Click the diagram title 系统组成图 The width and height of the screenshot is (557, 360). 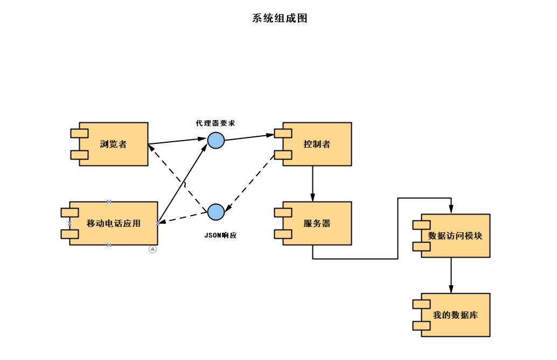click(x=280, y=18)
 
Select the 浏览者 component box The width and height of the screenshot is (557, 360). click(x=113, y=144)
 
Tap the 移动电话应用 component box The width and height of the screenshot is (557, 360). click(x=113, y=223)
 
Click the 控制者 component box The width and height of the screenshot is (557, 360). click(x=317, y=144)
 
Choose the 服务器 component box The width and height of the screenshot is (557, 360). click(x=317, y=223)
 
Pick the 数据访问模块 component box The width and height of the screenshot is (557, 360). click(x=455, y=236)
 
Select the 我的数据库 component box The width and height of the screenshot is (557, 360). click(x=455, y=315)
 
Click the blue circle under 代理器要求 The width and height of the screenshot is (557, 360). click(x=215, y=140)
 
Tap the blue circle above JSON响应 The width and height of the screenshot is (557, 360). click(x=215, y=212)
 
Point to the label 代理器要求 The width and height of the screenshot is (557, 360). click(x=215, y=123)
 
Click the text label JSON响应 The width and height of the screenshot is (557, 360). click(x=221, y=236)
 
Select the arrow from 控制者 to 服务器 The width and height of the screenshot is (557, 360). click(x=313, y=183)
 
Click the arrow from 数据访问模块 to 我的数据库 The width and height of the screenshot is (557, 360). click(x=451, y=275)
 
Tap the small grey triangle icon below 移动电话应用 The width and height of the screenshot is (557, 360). click(x=152, y=249)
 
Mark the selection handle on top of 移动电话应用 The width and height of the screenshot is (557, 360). click(x=109, y=202)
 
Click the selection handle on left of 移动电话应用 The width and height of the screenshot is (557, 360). click(x=69, y=223)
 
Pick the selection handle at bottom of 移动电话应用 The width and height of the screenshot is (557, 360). click(x=109, y=245)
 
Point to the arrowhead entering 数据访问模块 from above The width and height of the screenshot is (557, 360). click(x=451, y=210)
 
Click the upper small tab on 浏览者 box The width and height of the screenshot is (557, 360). click(x=79, y=133)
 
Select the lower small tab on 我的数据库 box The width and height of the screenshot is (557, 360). click(x=421, y=326)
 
